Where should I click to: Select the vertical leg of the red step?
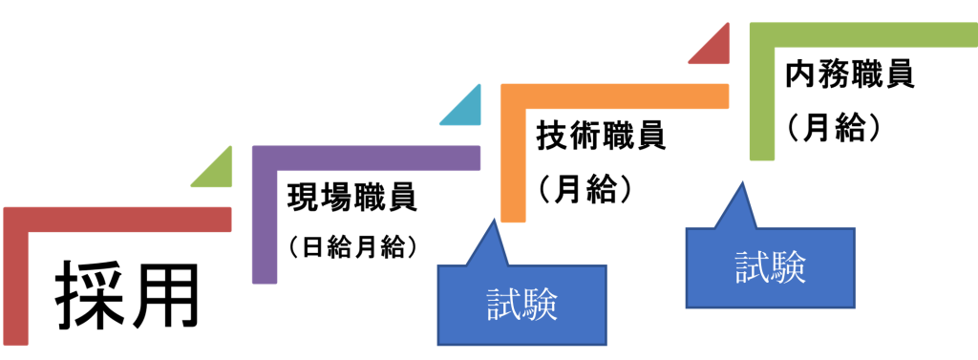coord(16,286)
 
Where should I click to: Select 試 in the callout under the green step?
coord(752,267)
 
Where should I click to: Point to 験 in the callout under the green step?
coord(789,267)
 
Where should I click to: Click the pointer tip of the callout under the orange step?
coord(493,221)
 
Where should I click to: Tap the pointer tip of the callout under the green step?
coord(740,182)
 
